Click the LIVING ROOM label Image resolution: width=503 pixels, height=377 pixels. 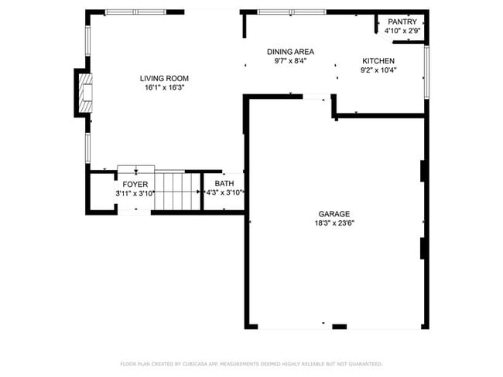click(164, 78)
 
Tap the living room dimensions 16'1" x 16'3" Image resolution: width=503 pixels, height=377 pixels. click(164, 87)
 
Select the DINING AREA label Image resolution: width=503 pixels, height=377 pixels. click(290, 52)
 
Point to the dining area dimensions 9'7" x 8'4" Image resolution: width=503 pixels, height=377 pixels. click(290, 61)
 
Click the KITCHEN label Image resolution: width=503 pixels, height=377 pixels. click(378, 61)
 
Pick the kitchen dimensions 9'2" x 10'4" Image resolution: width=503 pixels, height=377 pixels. click(378, 70)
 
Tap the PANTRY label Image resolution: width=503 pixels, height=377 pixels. click(402, 22)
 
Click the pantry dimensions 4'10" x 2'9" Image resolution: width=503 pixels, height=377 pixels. click(402, 32)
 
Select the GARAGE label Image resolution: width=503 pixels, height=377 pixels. click(334, 214)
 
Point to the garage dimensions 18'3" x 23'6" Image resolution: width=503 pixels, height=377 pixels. click(334, 223)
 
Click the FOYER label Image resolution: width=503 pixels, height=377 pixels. click(135, 185)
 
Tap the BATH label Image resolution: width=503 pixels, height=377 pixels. click(224, 184)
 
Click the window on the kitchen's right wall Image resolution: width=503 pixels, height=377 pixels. click(426, 72)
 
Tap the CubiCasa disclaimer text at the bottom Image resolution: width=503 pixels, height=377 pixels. click(251, 363)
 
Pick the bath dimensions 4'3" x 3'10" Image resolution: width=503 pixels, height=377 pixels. click(224, 193)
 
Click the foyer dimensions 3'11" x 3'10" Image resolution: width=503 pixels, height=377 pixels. click(135, 193)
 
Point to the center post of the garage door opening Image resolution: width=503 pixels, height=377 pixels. click(339, 327)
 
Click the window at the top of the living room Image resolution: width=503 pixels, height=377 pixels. click(135, 12)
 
